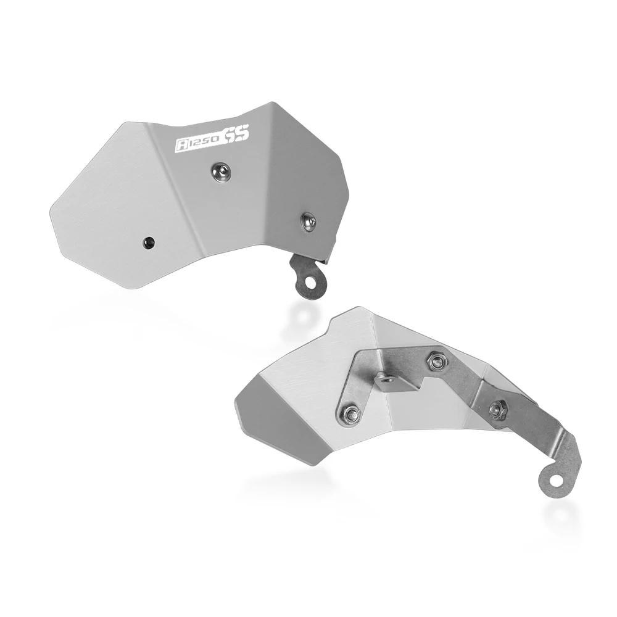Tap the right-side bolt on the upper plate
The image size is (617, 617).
pos(309,221)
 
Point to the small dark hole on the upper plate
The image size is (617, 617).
pos(149,242)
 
